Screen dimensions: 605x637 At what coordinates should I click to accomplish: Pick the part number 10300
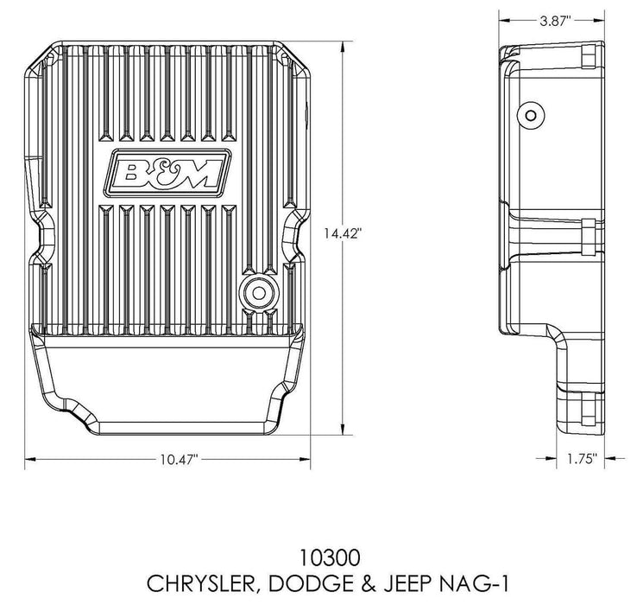click(318, 548)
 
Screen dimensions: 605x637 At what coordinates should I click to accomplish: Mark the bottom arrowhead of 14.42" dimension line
click(346, 429)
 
